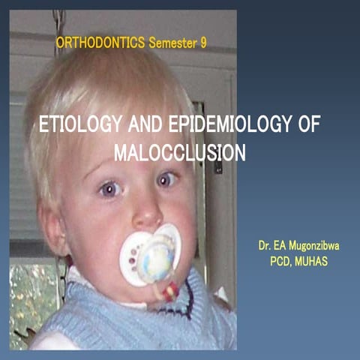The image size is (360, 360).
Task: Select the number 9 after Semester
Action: [203, 43]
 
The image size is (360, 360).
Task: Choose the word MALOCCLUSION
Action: [180, 152]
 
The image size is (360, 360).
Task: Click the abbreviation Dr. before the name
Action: [265, 246]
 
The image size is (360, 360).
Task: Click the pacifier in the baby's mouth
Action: [154, 256]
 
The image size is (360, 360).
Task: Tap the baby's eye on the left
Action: [111, 190]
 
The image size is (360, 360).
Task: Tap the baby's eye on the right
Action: [167, 178]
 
